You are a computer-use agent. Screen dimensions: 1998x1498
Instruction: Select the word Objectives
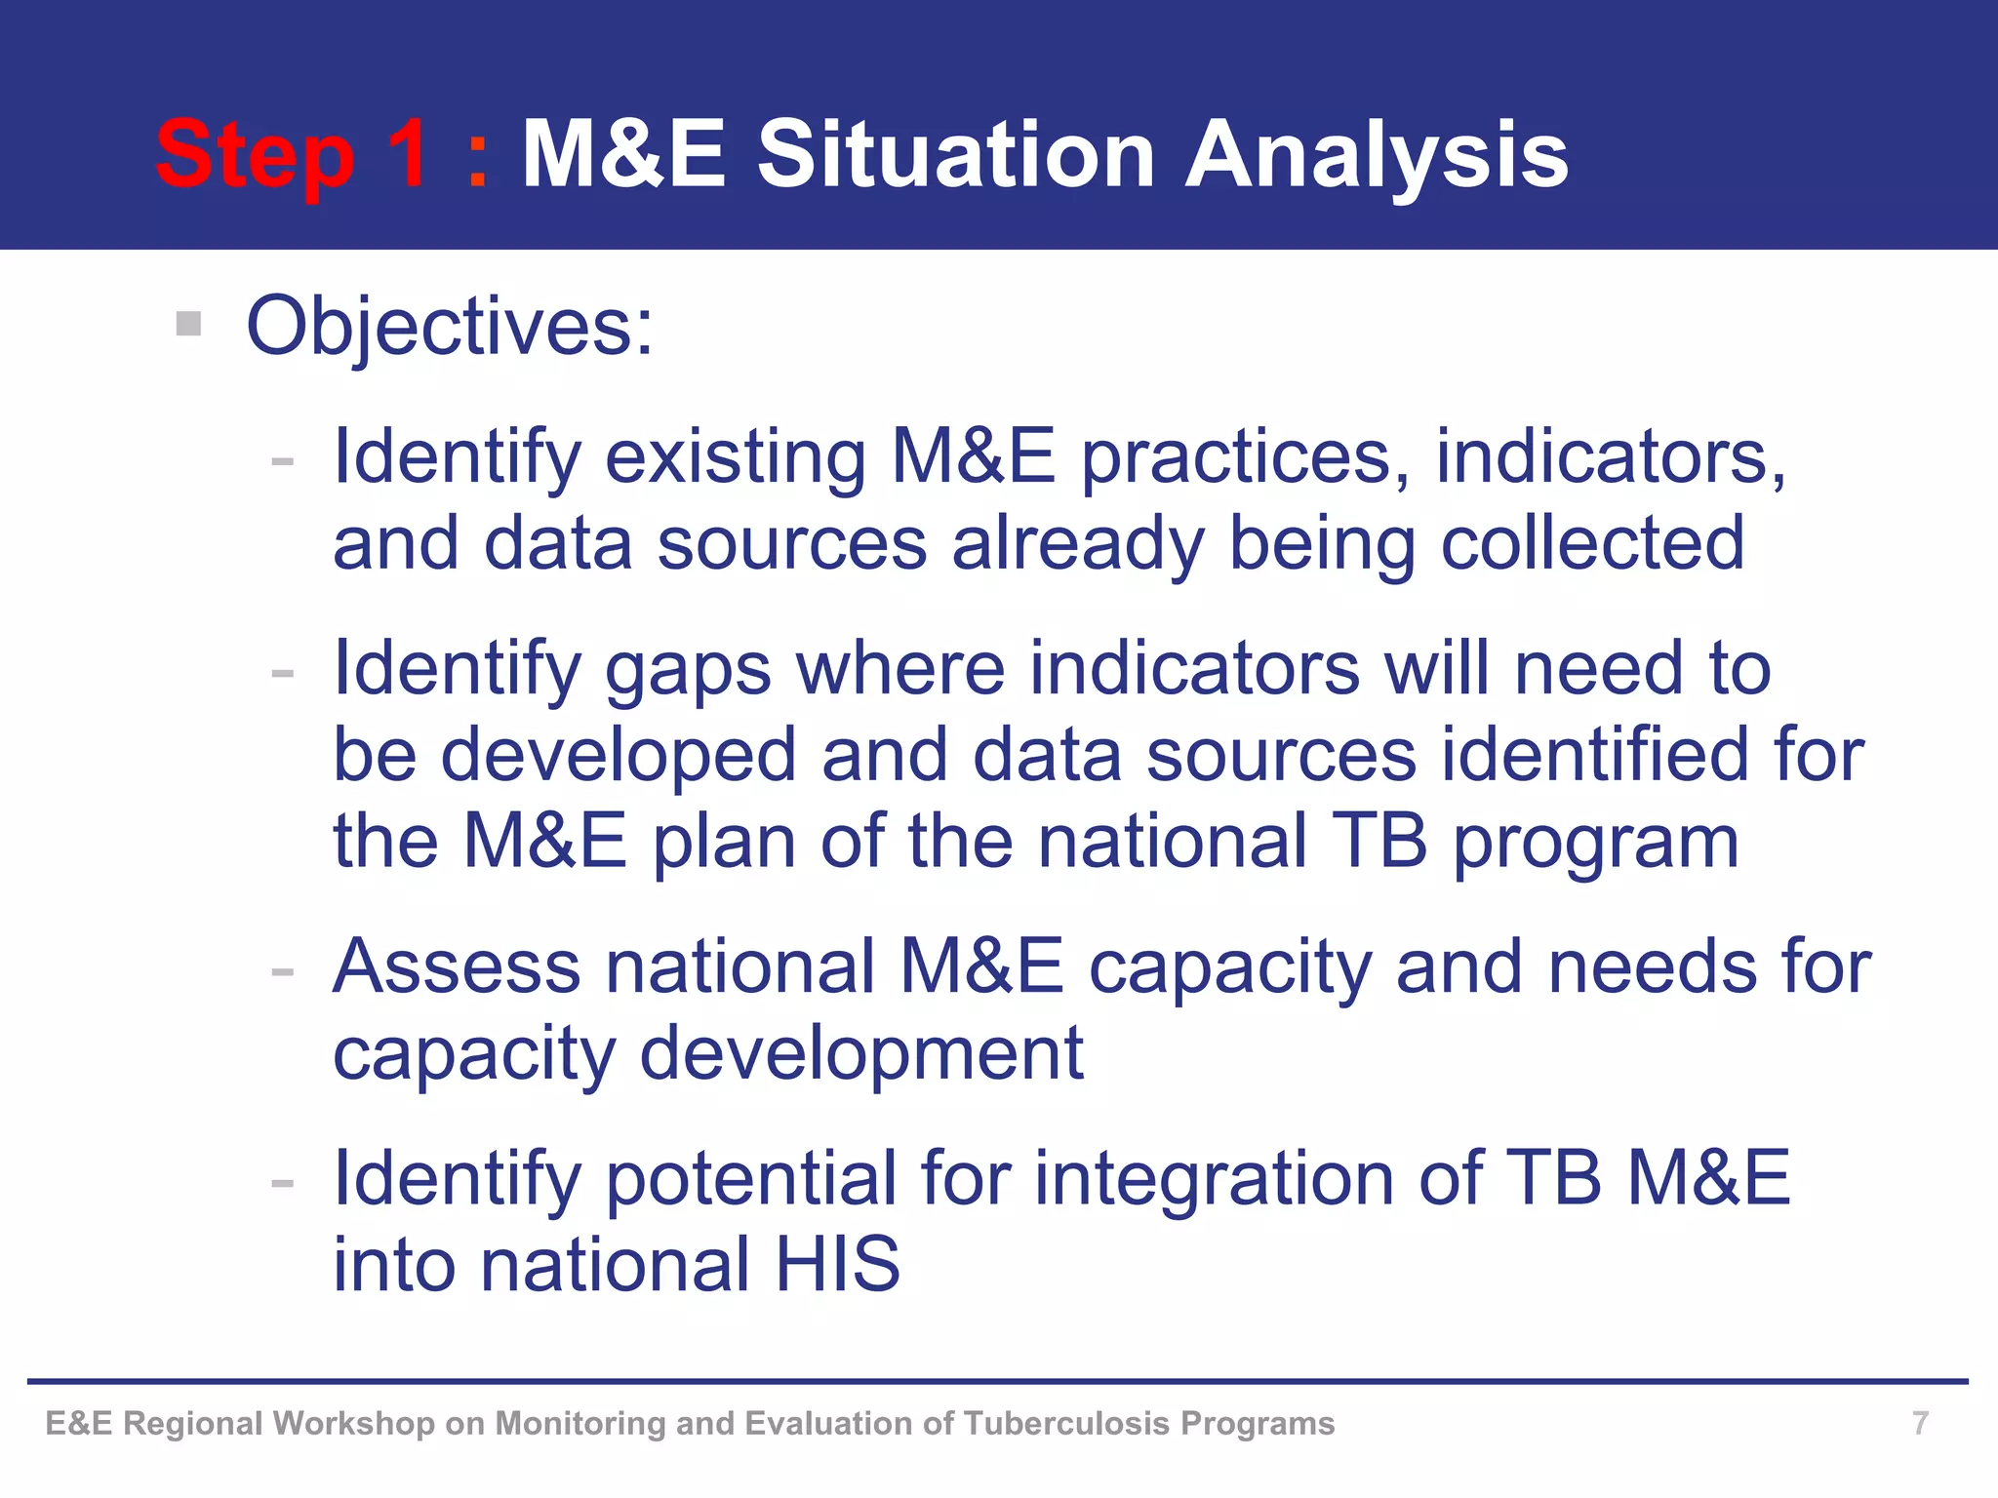click(x=449, y=327)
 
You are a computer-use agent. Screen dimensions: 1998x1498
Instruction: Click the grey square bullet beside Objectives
click(x=188, y=323)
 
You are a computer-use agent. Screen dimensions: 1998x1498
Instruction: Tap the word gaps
click(x=688, y=671)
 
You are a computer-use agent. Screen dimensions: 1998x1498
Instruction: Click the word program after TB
click(x=1596, y=843)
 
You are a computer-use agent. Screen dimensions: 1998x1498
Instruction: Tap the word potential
click(x=751, y=1179)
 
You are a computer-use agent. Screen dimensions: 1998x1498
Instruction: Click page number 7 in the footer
click(x=1920, y=1423)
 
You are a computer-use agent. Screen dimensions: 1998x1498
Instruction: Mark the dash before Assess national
click(x=283, y=972)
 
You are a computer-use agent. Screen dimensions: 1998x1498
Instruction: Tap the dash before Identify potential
click(x=283, y=1184)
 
